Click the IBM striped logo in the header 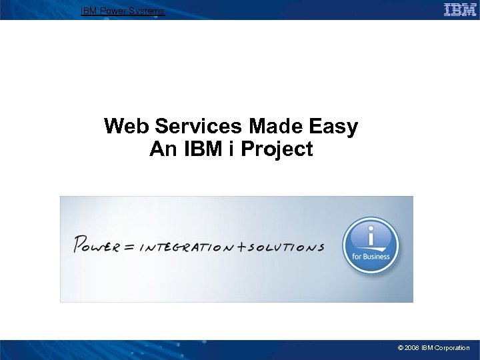click(x=460, y=9)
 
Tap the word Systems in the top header click(x=147, y=11)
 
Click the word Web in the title click(x=124, y=126)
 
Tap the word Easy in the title click(x=334, y=126)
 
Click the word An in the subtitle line click(x=162, y=149)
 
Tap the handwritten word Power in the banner click(x=97, y=245)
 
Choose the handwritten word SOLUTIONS click(x=285, y=247)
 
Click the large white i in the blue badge click(x=371, y=235)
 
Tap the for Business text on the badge click(x=371, y=256)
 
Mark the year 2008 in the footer click(x=412, y=348)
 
